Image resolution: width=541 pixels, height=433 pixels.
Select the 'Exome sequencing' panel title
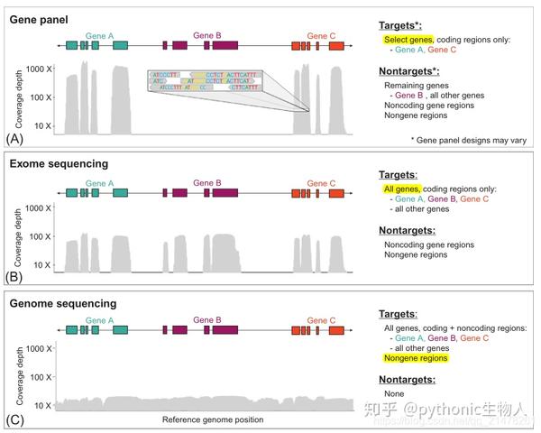pyautogui.click(x=59, y=164)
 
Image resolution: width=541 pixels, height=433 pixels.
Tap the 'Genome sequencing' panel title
pyautogui.click(x=62, y=304)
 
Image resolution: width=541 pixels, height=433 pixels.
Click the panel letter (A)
pyautogui.click(x=15, y=138)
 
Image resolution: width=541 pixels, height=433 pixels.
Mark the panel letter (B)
pyautogui.click(x=15, y=277)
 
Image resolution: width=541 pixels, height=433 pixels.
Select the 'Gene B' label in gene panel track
pyautogui.click(x=206, y=35)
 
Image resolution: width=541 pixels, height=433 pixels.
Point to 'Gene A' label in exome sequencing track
pyautogui.click(x=99, y=183)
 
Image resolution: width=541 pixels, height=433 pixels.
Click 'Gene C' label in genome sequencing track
pyautogui.click(x=321, y=320)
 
